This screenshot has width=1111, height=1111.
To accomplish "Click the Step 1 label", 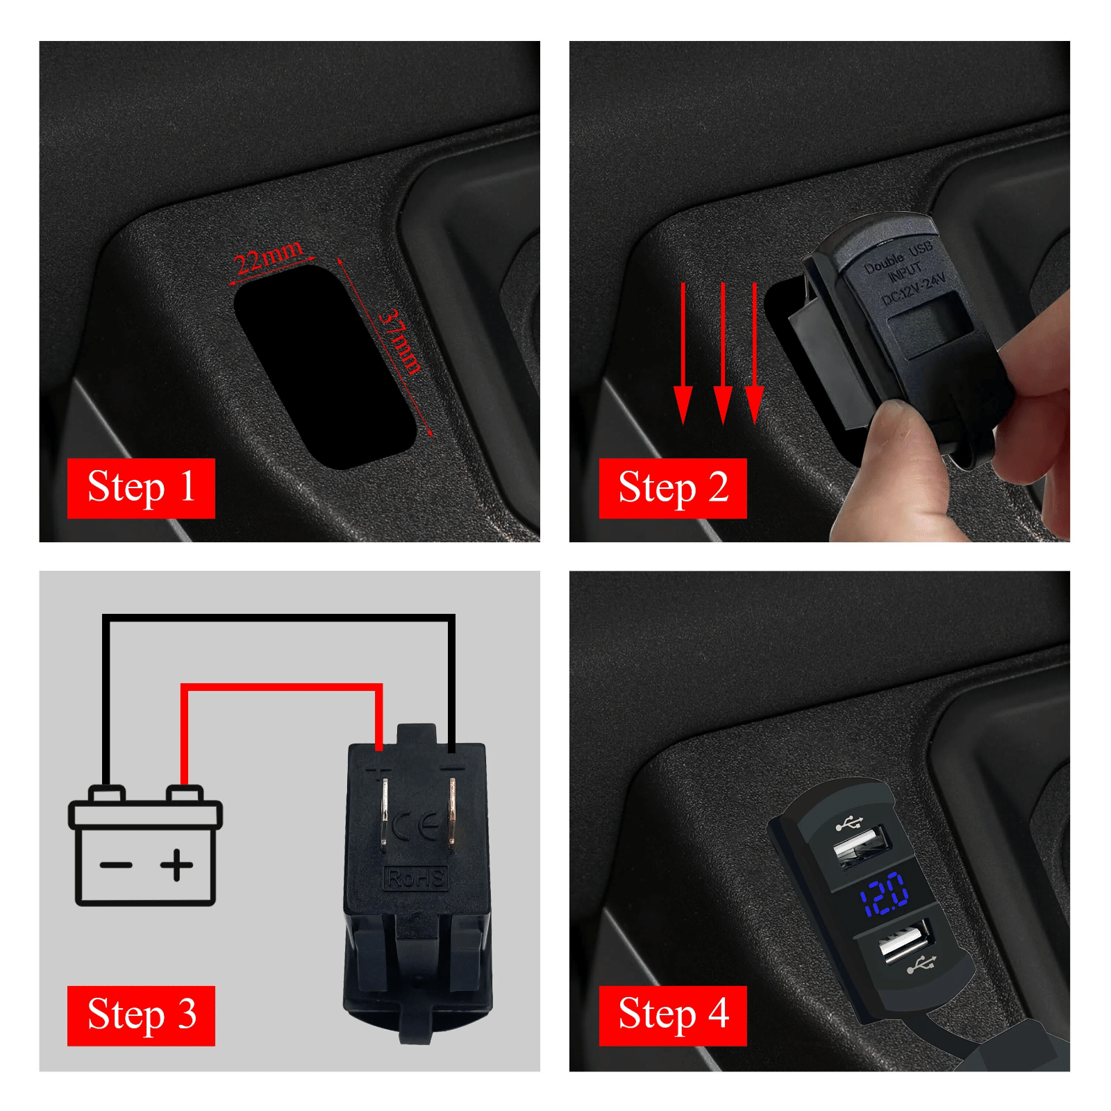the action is pyautogui.click(x=141, y=488).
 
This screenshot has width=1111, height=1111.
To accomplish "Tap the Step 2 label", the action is pyautogui.click(x=673, y=488).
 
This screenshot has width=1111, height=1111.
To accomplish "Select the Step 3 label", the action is pyautogui.click(x=141, y=1015).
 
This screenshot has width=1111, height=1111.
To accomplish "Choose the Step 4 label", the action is pyautogui.click(x=673, y=1015).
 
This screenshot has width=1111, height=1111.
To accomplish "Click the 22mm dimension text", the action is pyautogui.click(x=269, y=258).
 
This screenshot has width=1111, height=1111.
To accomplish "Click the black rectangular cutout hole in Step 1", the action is pyautogui.click(x=325, y=366).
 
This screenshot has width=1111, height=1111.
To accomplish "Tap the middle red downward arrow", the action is pyautogui.click(x=723, y=353).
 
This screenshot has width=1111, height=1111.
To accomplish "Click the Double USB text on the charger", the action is pyautogui.click(x=898, y=258).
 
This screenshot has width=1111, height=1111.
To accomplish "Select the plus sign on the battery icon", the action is pyautogui.click(x=177, y=864).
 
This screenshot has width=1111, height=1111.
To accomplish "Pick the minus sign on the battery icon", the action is pyautogui.click(x=116, y=865).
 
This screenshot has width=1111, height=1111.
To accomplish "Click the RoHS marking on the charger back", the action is pyautogui.click(x=416, y=878).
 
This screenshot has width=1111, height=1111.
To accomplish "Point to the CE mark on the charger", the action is pyautogui.click(x=415, y=826).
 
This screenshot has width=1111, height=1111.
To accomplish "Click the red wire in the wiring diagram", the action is pyautogui.click(x=281, y=687).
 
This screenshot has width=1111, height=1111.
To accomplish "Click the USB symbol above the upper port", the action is pyautogui.click(x=849, y=824).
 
